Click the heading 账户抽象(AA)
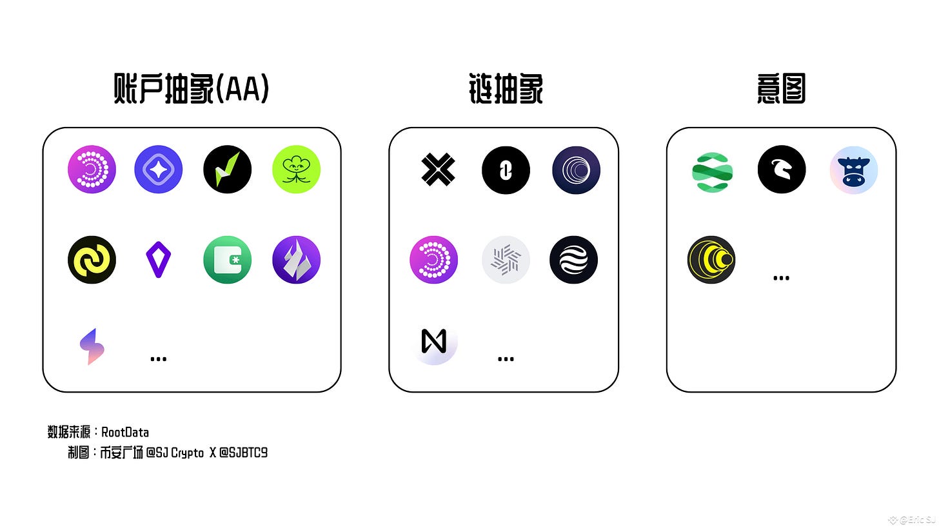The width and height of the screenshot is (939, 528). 191,90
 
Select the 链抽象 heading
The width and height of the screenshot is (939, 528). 506,90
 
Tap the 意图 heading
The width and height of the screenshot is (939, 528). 780,90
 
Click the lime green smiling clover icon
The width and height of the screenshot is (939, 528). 296,170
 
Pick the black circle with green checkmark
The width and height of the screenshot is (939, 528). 228,170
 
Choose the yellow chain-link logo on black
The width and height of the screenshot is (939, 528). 92,260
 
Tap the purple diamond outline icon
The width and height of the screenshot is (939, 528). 158,260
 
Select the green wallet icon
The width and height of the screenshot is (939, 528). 228,260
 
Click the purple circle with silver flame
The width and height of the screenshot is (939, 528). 296,260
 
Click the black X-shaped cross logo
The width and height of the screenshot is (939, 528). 438,170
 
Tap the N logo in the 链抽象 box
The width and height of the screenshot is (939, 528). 434,342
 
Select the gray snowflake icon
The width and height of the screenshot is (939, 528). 506,260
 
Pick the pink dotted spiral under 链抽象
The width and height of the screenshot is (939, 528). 434,260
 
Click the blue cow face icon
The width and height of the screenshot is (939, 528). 853,170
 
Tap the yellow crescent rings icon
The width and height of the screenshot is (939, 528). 711,260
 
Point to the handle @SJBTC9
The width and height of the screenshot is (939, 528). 243,453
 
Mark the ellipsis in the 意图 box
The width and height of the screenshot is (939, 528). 781,279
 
